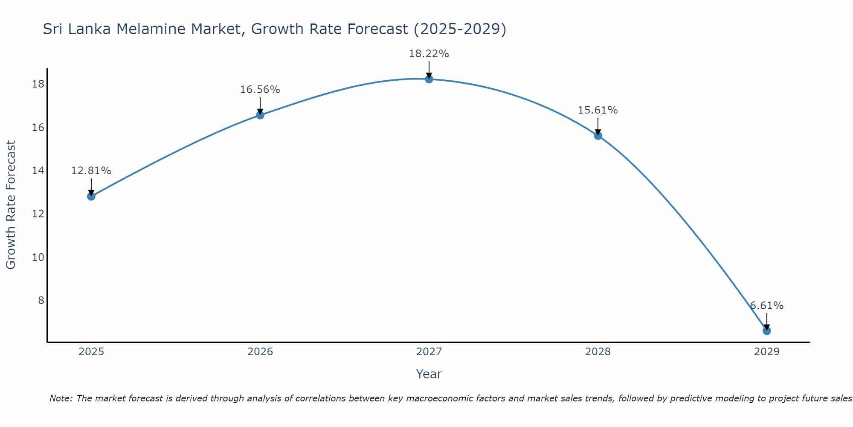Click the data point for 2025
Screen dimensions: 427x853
[91, 196]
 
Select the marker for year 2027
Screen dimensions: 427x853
[429, 79]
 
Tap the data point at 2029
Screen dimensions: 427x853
[766, 330]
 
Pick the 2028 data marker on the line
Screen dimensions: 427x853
[598, 136]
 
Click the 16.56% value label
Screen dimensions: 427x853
[260, 90]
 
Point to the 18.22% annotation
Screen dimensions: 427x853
[429, 54]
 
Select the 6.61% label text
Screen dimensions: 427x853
[766, 306]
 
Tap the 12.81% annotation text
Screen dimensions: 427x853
[91, 171]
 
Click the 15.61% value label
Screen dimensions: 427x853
[598, 110]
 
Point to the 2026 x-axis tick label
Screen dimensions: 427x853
[260, 352]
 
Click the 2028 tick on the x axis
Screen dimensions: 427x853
[598, 352]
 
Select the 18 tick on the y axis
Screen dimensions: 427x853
[38, 84]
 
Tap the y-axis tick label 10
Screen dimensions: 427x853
[38, 257]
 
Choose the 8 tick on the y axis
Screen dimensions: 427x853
[41, 300]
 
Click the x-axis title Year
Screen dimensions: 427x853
[429, 374]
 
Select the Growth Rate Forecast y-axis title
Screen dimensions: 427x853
[11, 205]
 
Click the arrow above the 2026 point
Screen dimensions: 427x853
[260, 105]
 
